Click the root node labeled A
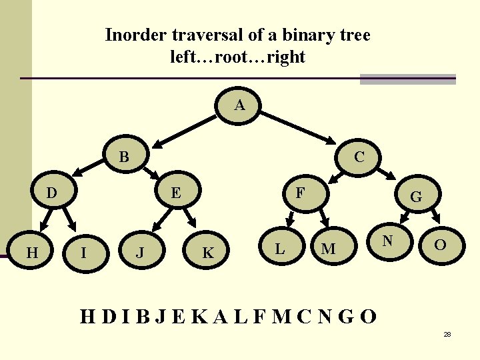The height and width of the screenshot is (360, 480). pyautogui.click(x=240, y=106)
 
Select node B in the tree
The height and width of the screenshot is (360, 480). pyautogui.click(x=124, y=158)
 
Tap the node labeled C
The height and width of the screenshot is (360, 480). pyautogui.click(x=359, y=157)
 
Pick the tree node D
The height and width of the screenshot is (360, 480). pyautogui.click(x=51, y=193)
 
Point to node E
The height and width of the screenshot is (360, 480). pyautogui.click(x=176, y=193)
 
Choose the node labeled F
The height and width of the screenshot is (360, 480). pyautogui.click(x=301, y=193)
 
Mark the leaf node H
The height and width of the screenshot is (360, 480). pyautogui.click(x=31, y=253)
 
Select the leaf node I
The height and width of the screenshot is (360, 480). pyautogui.click(x=83, y=253)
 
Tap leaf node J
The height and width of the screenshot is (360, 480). pyautogui.click(x=139, y=253)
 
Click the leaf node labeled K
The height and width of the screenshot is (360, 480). pyautogui.click(x=208, y=253)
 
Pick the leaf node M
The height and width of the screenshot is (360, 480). pyautogui.click(x=328, y=249)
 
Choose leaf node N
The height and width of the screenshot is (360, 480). pyautogui.click(x=387, y=241)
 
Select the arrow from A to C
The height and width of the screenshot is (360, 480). pyautogui.click(x=298, y=129)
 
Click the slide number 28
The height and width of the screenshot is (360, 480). pyautogui.click(x=447, y=333)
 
